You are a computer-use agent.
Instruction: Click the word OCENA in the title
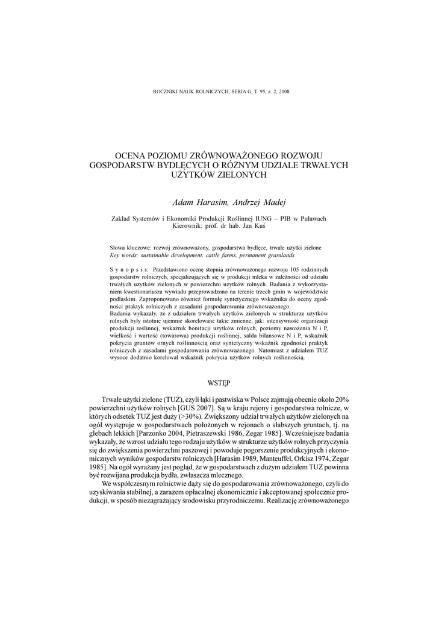(x=129, y=155)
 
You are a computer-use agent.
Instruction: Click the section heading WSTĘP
(x=218, y=382)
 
